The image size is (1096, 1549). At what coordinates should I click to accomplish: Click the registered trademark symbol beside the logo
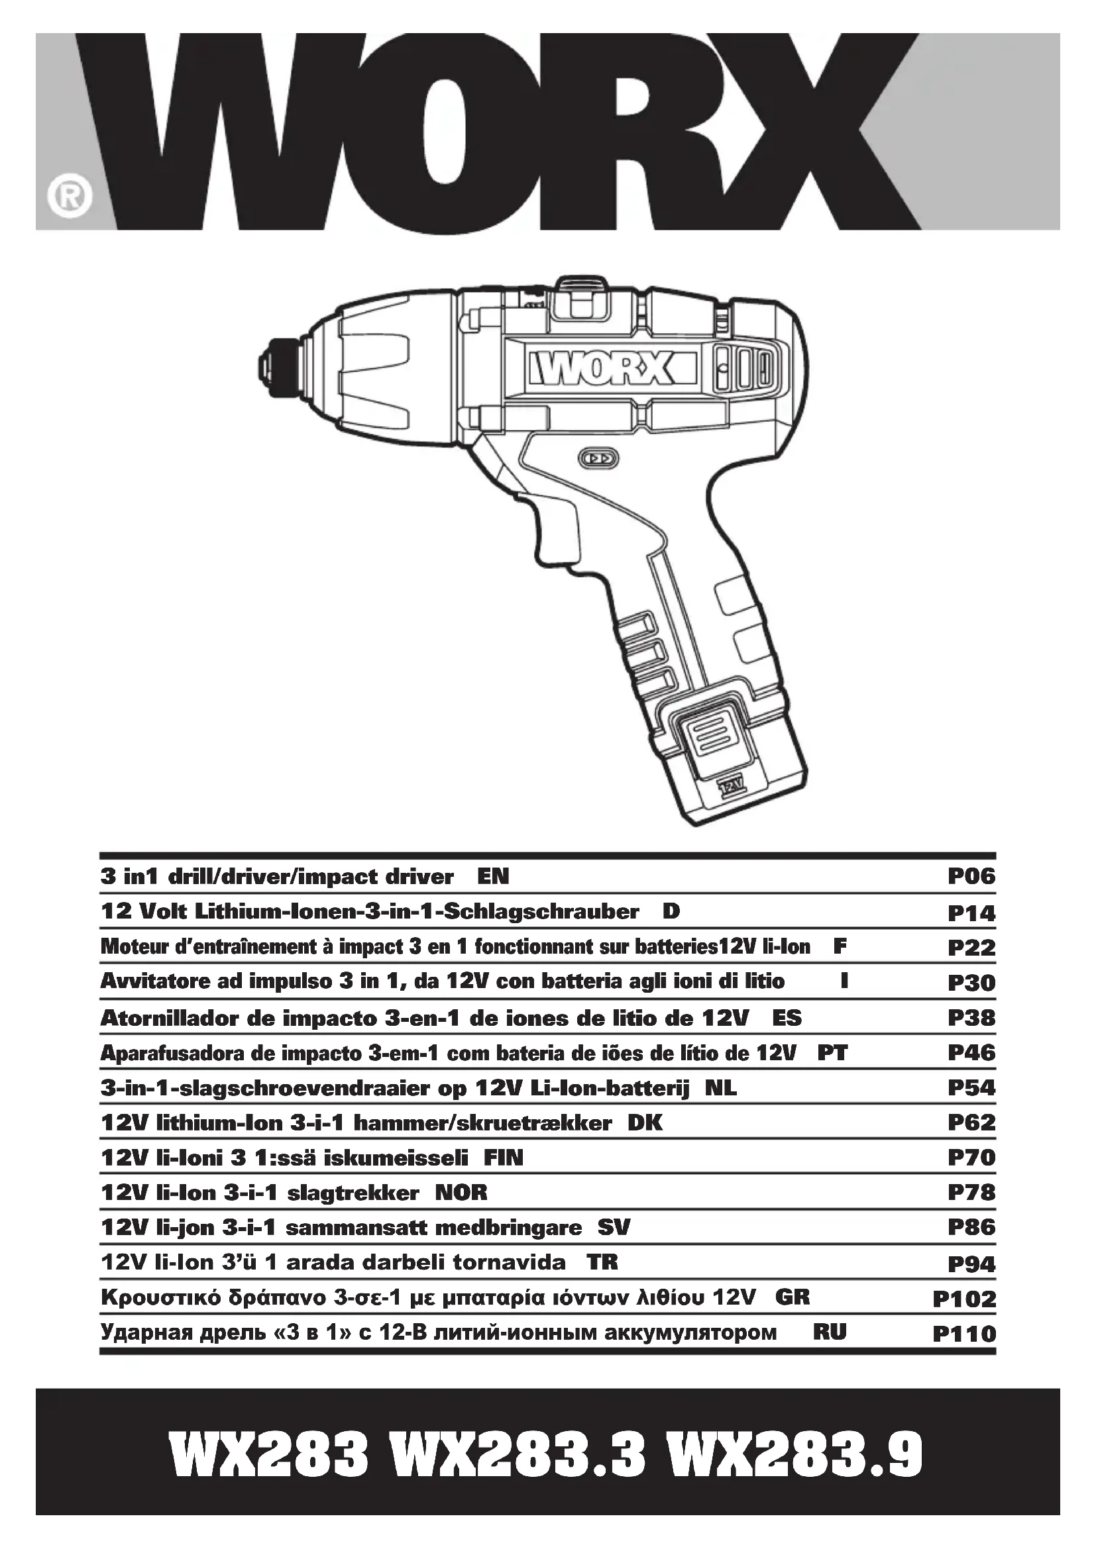(x=69, y=197)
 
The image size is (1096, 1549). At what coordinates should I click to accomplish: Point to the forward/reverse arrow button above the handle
(x=598, y=459)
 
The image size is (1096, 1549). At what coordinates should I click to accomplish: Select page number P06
(x=971, y=876)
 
